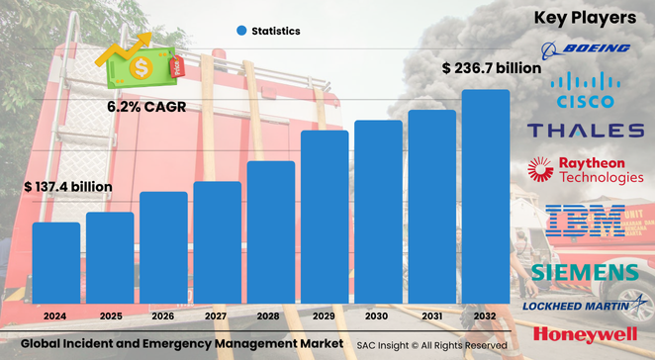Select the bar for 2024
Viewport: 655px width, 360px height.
(x=56, y=263)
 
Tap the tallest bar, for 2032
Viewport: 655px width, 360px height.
(x=486, y=197)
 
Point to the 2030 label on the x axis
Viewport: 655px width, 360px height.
(x=378, y=315)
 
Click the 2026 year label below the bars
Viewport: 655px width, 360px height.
(x=163, y=315)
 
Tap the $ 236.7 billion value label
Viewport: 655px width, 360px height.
(x=492, y=69)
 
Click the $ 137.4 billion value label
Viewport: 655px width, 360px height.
(x=68, y=186)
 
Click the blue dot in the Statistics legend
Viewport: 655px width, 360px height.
(x=240, y=31)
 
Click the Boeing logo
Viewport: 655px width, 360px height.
(x=586, y=48)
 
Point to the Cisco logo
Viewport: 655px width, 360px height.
(x=586, y=89)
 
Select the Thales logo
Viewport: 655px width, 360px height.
(x=586, y=130)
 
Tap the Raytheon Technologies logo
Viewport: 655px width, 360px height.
(x=586, y=171)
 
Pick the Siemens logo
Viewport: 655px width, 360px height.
(x=586, y=272)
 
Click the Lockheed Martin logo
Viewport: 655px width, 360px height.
(x=586, y=305)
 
